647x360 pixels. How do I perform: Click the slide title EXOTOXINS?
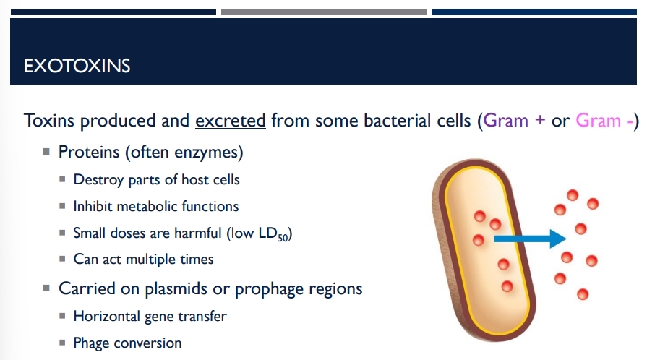coord(77,67)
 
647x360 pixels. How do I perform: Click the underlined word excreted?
coord(231,120)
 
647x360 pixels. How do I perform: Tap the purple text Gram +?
coord(515,120)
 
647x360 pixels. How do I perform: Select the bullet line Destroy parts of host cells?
coord(156,179)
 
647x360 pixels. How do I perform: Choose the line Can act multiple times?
coord(143,259)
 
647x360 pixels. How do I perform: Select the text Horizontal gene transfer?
coord(150,316)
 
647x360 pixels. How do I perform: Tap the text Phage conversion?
coord(127,343)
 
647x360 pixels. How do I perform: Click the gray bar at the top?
coord(323,12)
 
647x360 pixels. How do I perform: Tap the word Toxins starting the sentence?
coord(48,120)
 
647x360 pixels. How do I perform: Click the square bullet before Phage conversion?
coord(63,343)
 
